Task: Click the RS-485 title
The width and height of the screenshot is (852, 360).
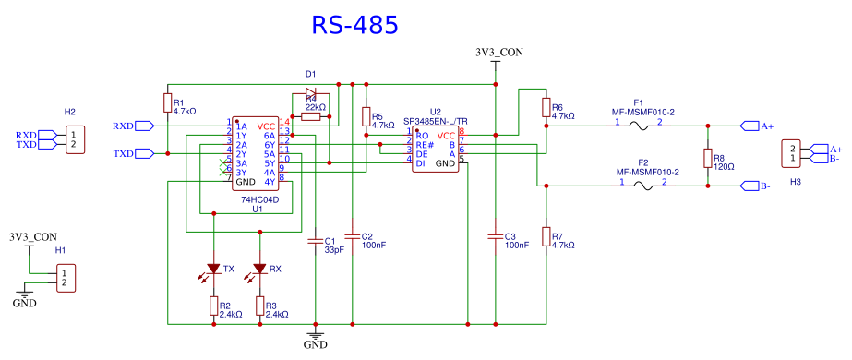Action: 354,25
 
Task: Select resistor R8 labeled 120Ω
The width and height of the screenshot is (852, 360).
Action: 708,159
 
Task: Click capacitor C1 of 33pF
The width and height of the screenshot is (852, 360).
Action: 317,243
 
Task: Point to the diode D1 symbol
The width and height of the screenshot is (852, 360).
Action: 309,93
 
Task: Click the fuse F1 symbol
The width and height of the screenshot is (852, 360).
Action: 638,126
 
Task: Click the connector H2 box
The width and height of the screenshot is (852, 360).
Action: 70,139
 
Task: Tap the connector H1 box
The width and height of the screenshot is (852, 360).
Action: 64,277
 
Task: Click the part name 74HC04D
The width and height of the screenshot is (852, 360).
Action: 259,199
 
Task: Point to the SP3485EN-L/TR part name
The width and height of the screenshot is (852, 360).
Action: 436,121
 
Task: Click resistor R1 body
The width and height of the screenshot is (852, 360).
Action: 167,103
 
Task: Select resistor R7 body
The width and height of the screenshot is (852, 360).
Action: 546,237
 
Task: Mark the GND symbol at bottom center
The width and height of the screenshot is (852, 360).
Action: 316,338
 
